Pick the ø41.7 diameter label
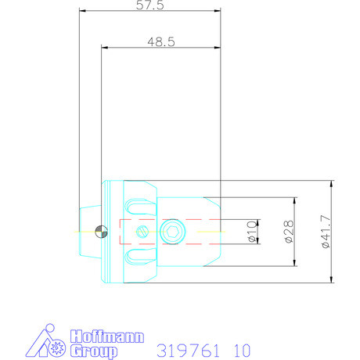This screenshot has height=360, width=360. tap(326, 232)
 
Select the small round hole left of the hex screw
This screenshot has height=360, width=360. tap(142, 232)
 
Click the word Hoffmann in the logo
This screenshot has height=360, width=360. tap(108, 337)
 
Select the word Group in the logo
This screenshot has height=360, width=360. tap(94, 351)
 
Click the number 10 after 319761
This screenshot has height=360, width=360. tap(241, 350)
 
